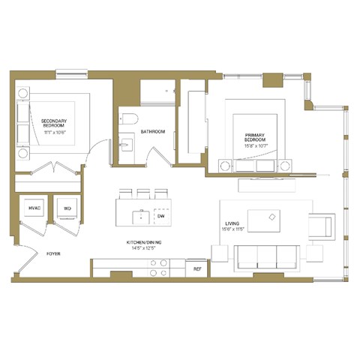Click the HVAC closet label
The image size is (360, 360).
click(x=34, y=208)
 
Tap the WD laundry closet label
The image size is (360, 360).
click(x=67, y=208)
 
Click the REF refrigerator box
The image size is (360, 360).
click(x=197, y=268)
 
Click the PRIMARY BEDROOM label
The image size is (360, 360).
click(x=255, y=139)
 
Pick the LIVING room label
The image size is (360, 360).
click(x=233, y=223)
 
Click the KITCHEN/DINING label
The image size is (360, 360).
click(x=143, y=243)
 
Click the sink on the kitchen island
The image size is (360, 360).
click(x=139, y=216)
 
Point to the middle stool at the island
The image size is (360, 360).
click(x=142, y=192)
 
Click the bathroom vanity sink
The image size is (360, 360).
click(x=126, y=143)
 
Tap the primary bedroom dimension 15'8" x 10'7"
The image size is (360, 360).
click(x=255, y=146)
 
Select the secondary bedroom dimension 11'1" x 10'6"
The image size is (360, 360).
click(x=55, y=131)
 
